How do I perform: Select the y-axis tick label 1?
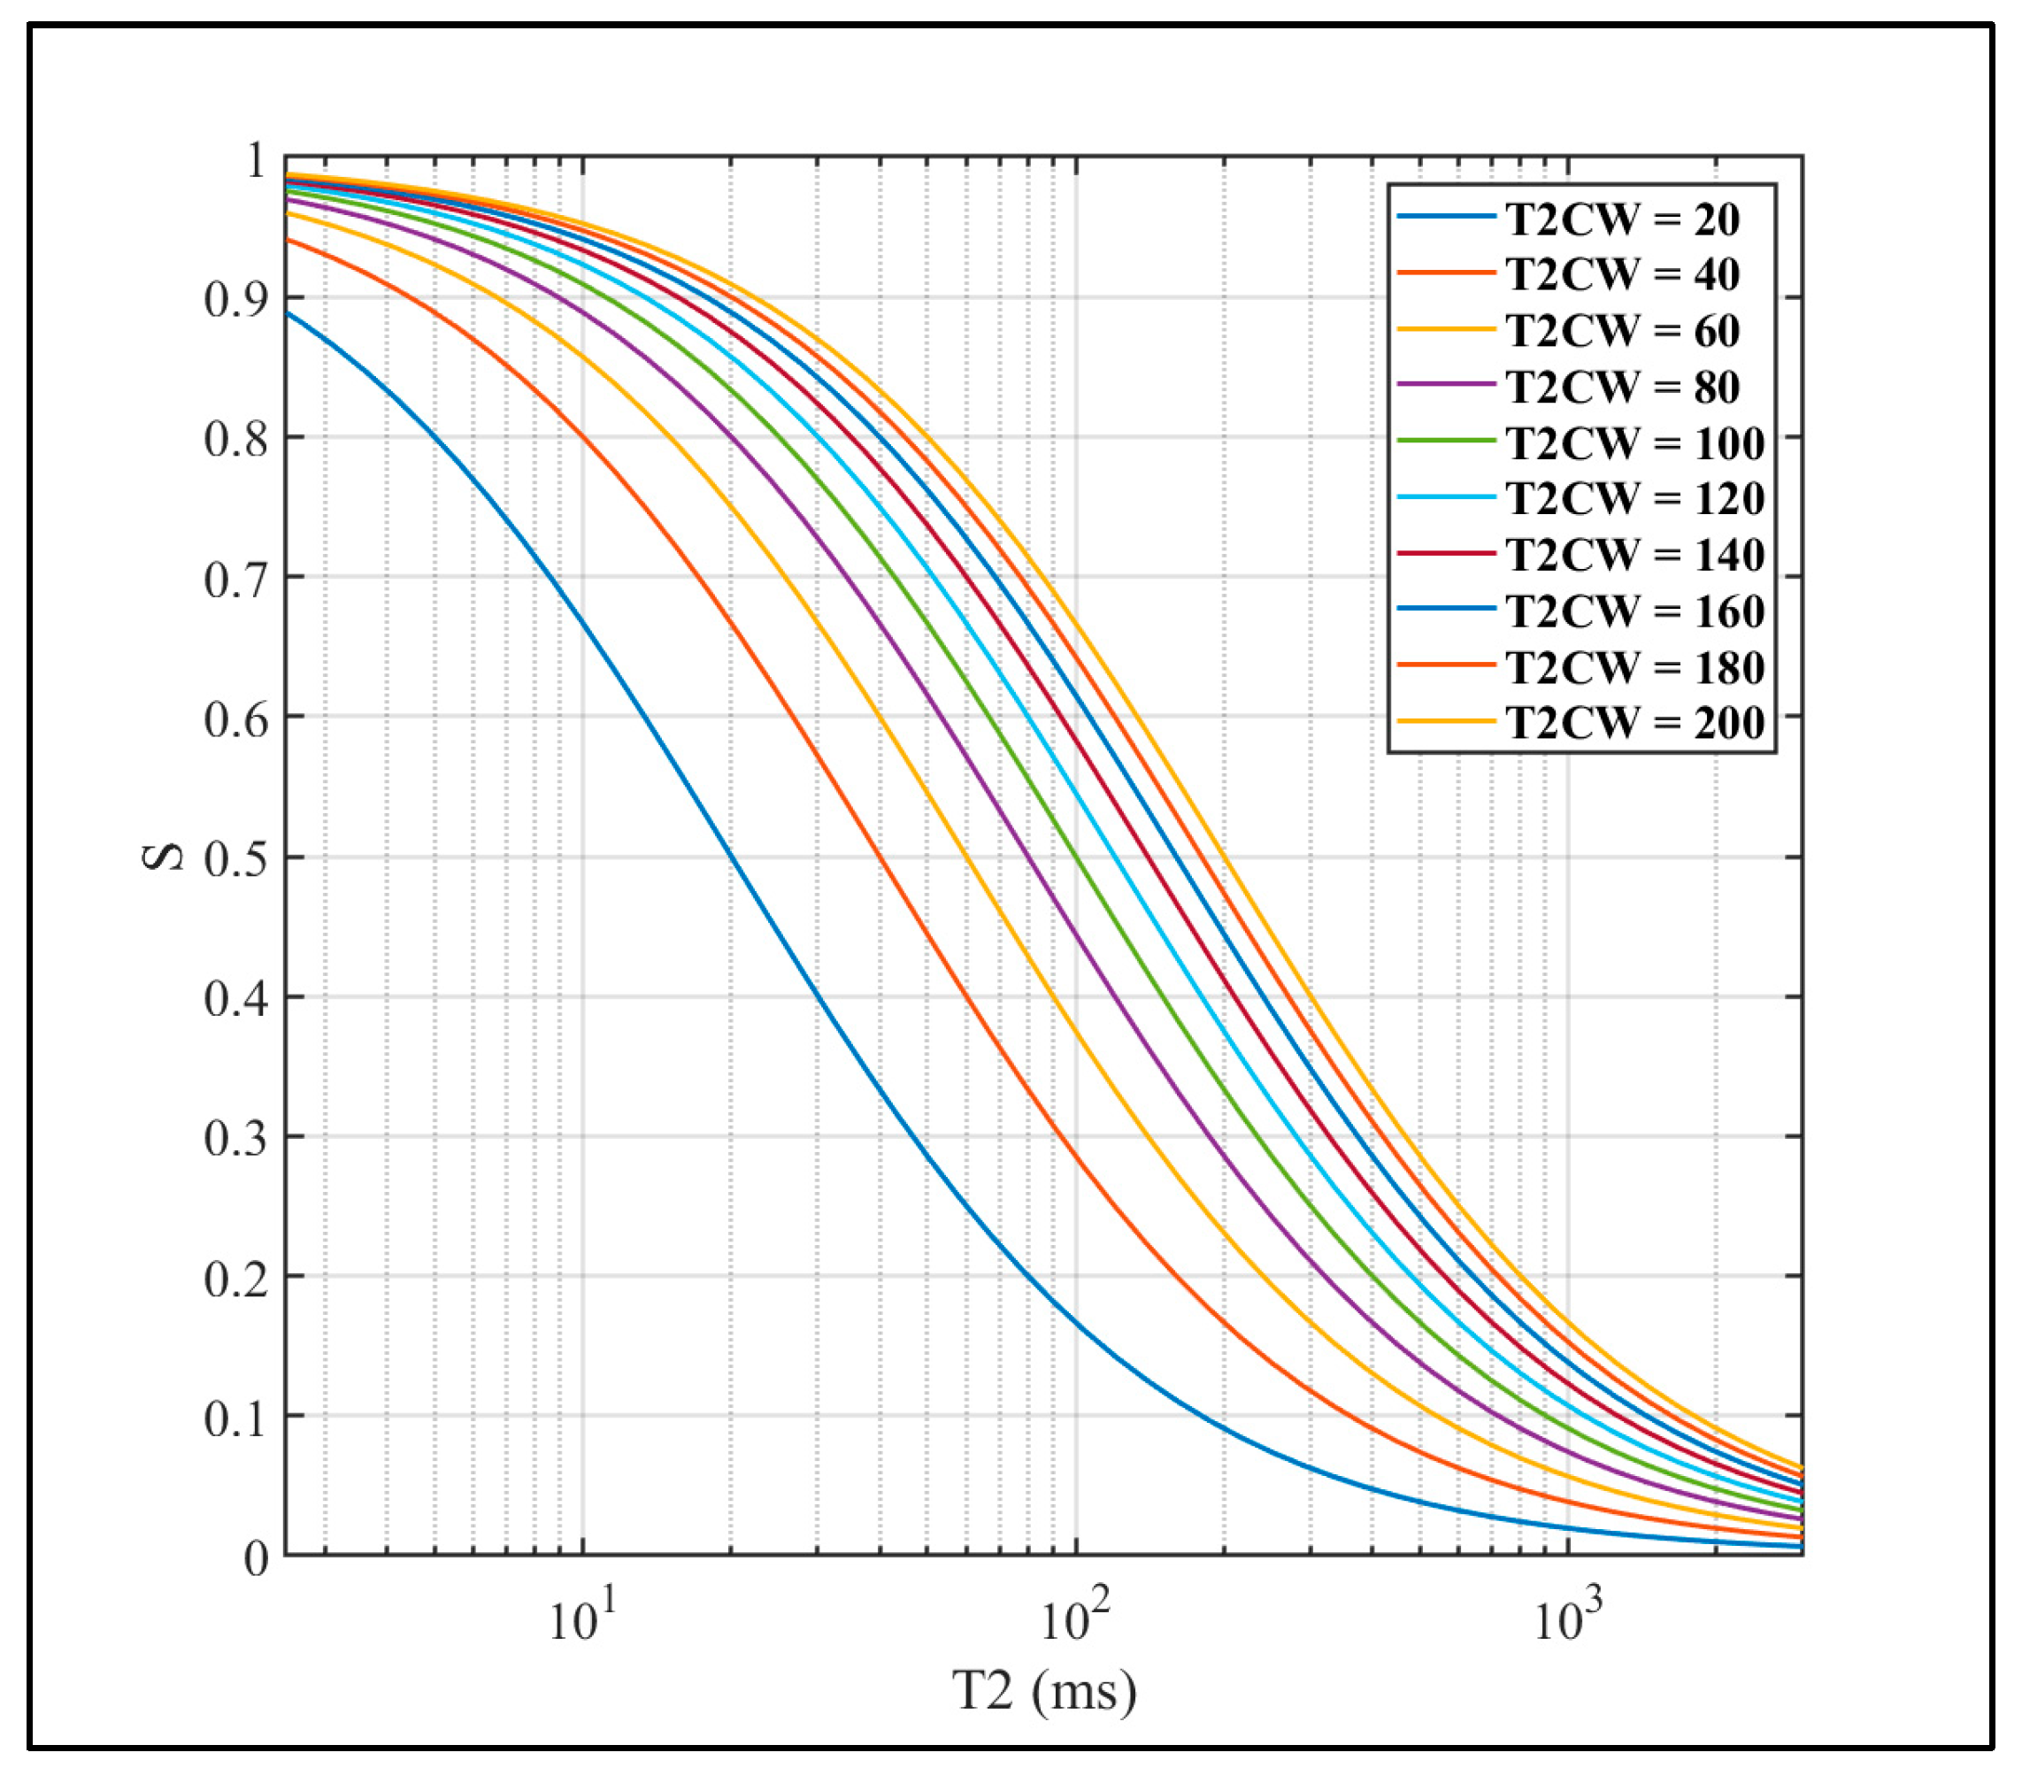click(256, 160)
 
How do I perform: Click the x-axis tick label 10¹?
click(581, 1618)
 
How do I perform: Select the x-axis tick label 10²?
click(1074, 1618)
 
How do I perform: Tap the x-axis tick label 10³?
click(1567, 1618)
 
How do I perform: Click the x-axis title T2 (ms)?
click(1044, 1690)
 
